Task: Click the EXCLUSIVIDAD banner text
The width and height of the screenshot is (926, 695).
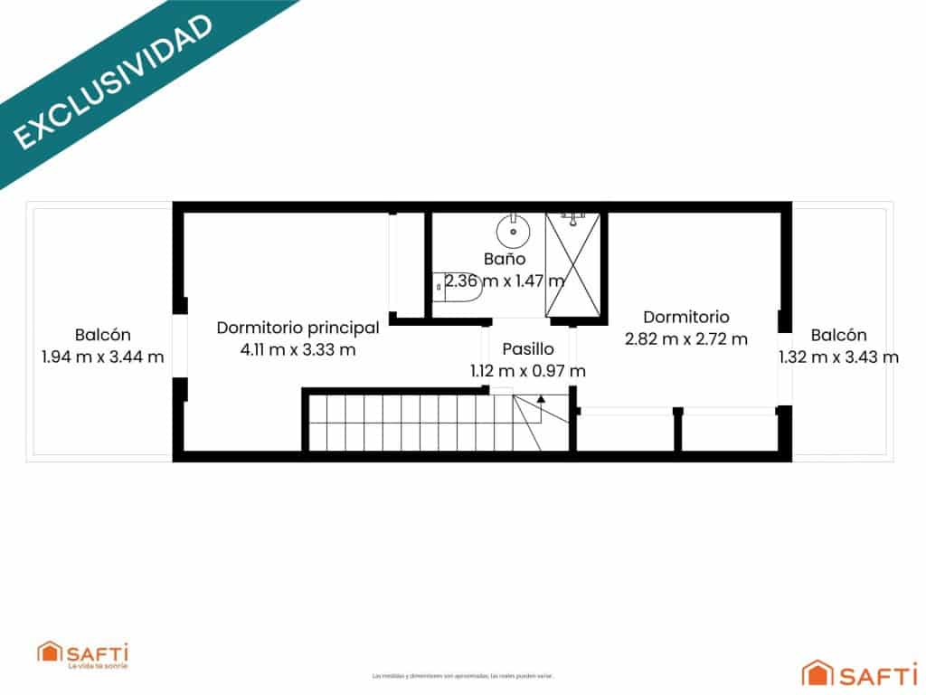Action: [113, 81]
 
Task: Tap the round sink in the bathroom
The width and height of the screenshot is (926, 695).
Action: [514, 231]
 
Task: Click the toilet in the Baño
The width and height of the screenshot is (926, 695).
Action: [458, 286]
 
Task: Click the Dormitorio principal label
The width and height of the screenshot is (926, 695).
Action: [298, 327]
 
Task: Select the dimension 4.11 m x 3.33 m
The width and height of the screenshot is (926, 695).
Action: [298, 349]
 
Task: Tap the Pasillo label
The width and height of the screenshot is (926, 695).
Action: [528, 348]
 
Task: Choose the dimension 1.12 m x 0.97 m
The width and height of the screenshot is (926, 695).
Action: [528, 370]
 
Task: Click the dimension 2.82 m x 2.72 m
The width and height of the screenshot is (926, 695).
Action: [686, 339]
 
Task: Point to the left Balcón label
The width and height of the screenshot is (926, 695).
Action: [103, 334]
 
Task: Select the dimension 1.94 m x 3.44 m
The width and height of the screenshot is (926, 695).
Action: [103, 357]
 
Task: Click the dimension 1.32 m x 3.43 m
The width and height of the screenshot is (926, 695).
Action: [839, 357]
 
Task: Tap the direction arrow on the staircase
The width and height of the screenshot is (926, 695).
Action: [541, 398]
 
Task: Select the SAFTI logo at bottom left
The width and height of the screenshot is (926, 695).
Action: [82, 653]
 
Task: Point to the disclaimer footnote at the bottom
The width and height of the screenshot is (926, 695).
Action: [462, 675]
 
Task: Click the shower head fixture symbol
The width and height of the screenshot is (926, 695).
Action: [570, 216]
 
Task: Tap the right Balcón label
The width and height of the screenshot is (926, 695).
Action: [838, 334]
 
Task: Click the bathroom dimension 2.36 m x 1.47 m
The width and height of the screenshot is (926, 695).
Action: [505, 281]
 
